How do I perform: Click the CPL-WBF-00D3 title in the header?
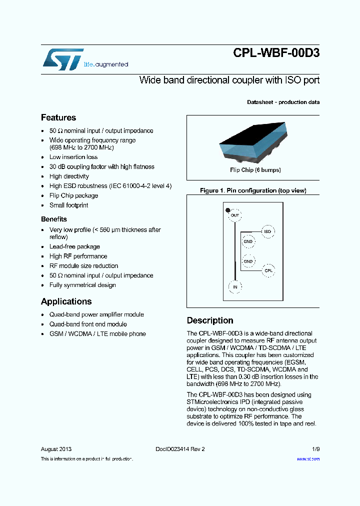276,53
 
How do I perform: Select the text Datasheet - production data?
283,102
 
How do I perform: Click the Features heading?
58,117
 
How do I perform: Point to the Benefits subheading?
53,219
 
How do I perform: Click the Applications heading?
66,301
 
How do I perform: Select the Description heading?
210,320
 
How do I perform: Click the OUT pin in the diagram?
235,215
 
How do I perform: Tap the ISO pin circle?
267,231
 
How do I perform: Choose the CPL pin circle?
268,270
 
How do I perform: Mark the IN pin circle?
235,286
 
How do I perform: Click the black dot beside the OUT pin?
228,210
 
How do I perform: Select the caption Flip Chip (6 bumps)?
255,170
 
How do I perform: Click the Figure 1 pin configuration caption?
253,190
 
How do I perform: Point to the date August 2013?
56,449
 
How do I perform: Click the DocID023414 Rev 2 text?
177,449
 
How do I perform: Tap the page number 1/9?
315,449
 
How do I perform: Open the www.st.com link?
308,458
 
